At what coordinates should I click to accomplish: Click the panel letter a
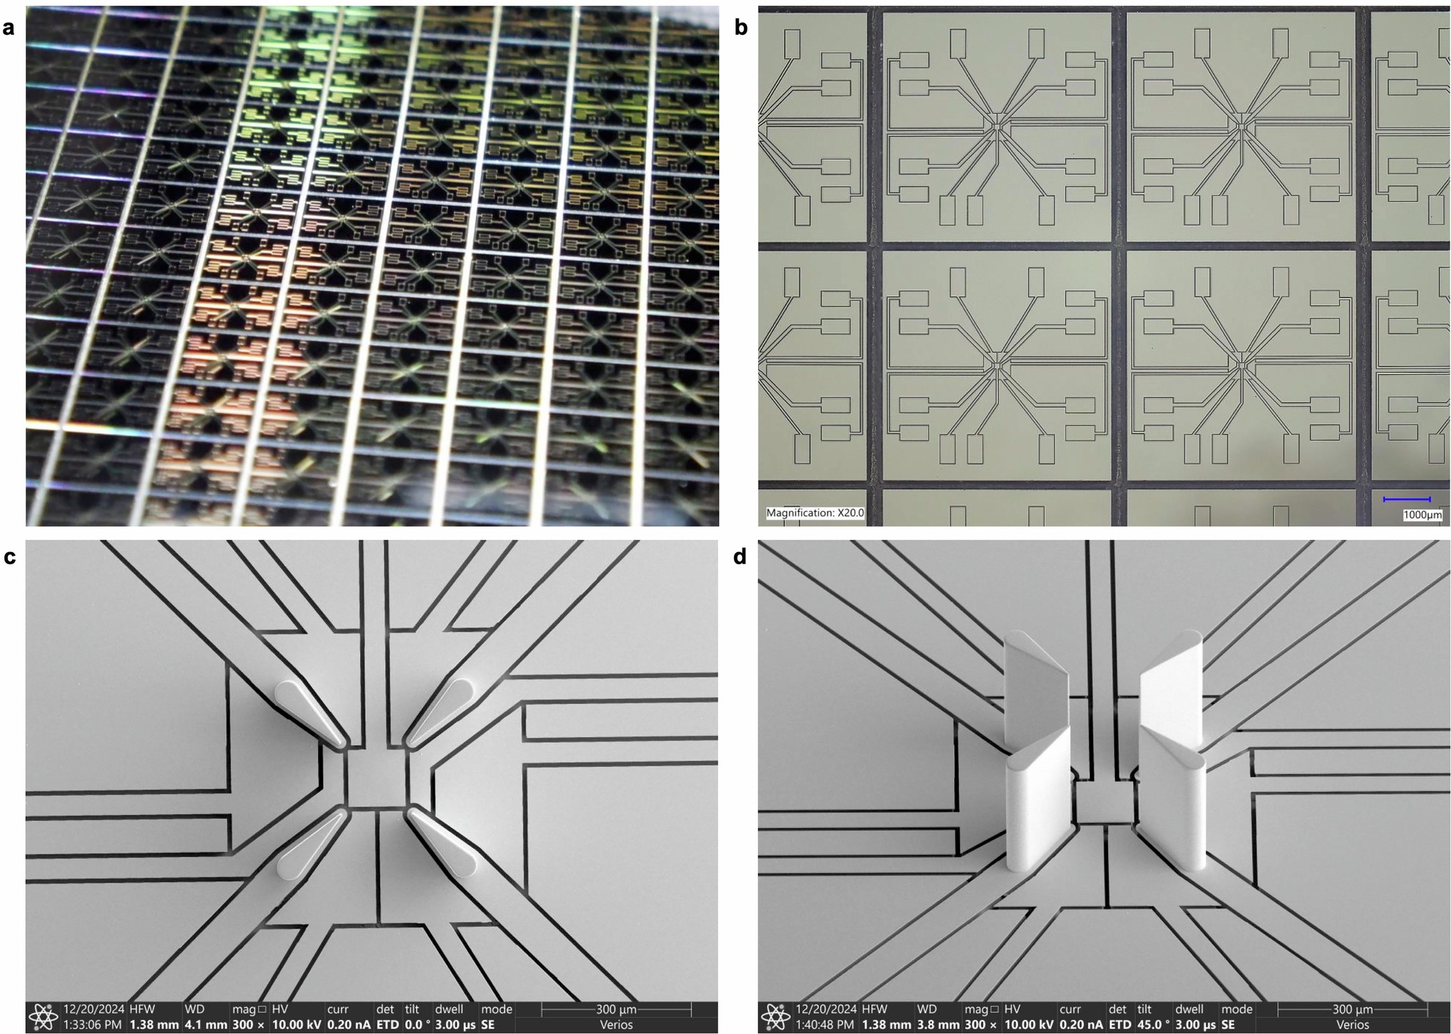pos(9,28)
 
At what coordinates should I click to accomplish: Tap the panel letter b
pos(741,28)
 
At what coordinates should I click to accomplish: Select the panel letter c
pos(9,557)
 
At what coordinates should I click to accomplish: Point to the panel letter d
pos(740,557)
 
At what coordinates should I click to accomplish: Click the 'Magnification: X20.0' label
pos(814,513)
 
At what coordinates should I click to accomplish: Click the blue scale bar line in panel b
pos(1406,499)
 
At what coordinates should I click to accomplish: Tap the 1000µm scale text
pos(1422,515)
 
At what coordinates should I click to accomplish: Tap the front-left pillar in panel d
pos(1038,803)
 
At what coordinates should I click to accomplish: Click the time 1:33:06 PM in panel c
pos(92,1025)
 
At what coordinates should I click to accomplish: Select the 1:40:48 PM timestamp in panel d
pos(824,1025)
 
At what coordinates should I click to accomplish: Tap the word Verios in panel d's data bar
pos(1353,1025)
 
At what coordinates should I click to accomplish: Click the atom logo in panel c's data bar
pos(44,1017)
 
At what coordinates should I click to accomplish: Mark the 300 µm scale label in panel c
pos(616,1009)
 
